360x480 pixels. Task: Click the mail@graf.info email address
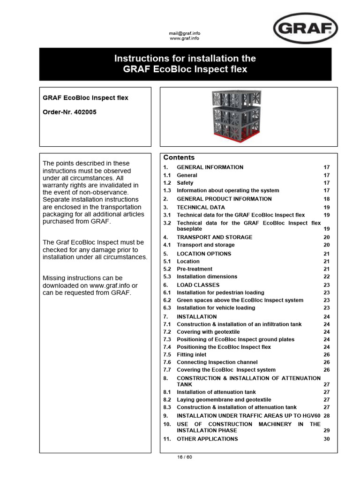coord(184,33)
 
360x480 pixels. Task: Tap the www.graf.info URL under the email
coord(184,38)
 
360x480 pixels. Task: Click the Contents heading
coord(179,157)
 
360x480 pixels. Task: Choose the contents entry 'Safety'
coord(185,183)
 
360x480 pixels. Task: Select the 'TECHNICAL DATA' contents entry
coord(201,207)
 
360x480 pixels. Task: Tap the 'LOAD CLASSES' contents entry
coord(198,285)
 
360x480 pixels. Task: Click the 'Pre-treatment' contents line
coord(194,269)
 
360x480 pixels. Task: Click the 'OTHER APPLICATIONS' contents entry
coord(207,439)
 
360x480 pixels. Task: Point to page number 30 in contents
coord(327,439)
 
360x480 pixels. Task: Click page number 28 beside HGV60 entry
coord(327,416)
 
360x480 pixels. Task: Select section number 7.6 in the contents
coord(167,362)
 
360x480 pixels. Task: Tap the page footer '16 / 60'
coord(184,457)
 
